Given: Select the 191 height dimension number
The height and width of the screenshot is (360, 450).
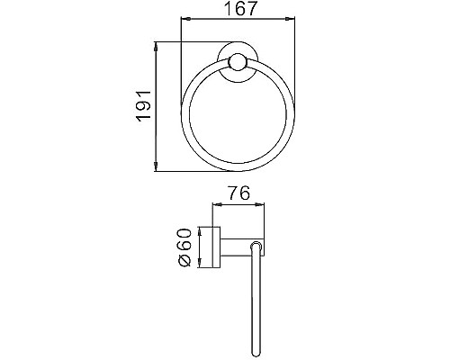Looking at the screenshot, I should tap(144, 105).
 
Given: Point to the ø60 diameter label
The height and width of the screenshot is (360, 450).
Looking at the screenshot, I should tap(185, 247).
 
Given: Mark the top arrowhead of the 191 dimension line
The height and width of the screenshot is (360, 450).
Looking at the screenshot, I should tap(158, 44).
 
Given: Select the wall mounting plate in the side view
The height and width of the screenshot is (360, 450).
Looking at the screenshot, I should tap(217, 247).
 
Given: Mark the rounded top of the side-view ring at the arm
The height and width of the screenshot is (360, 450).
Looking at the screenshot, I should tap(257, 242).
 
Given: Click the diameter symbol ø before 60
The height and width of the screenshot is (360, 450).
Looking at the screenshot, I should tap(185, 260).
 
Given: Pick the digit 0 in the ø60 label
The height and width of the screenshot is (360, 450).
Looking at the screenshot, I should tap(185, 236).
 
